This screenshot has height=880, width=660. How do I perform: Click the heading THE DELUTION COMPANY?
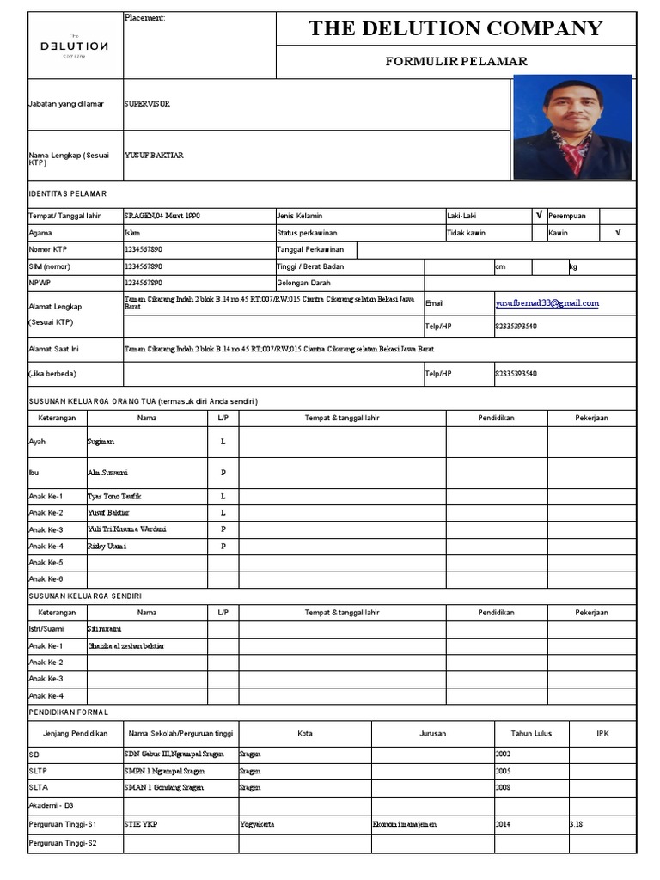click(x=455, y=28)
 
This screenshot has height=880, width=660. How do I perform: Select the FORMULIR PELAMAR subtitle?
click(x=455, y=61)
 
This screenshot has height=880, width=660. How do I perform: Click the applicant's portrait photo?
click(x=572, y=127)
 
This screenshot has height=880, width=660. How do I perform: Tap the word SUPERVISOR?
click(x=147, y=103)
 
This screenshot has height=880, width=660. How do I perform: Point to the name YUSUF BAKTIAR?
click(x=154, y=155)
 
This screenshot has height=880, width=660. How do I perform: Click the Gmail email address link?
click(x=547, y=302)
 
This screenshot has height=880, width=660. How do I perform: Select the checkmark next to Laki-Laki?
click(x=539, y=216)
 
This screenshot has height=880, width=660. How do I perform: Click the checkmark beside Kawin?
click(x=618, y=232)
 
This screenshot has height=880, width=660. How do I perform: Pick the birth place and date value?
click(x=162, y=216)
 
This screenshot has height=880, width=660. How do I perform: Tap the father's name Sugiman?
click(x=101, y=441)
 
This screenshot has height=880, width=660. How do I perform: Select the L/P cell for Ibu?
click(x=223, y=473)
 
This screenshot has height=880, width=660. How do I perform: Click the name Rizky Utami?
click(x=107, y=546)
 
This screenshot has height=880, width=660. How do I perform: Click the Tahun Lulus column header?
click(x=531, y=733)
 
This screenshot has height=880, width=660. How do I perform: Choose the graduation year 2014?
click(x=503, y=824)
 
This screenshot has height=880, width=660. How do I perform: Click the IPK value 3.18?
click(x=576, y=824)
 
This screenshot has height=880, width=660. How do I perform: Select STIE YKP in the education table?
click(x=141, y=824)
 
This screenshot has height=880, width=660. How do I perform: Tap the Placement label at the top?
click(x=144, y=18)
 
